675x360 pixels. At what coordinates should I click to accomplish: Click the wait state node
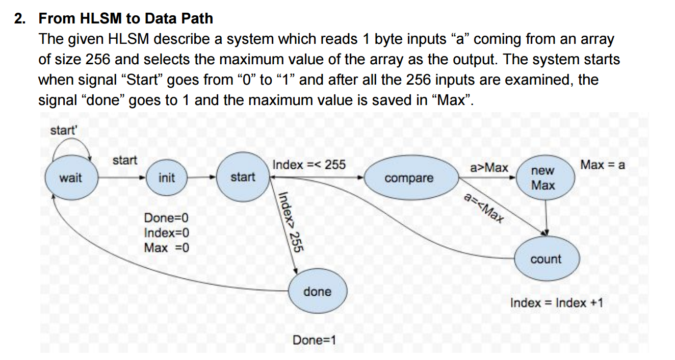point(70,178)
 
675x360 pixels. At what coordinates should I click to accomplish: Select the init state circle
point(166,178)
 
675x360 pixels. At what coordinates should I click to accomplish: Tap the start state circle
point(243,177)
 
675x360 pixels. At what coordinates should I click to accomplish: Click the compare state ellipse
point(409,178)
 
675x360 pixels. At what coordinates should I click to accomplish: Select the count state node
point(546,259)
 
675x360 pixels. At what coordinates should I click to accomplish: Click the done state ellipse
point(317,292)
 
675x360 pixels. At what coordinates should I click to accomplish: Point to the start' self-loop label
point(63,130)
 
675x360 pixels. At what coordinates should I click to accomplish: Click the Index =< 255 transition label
point(309,165)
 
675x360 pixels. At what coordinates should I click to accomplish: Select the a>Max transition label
point(489,167)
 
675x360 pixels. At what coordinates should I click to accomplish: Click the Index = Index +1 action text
point(557,303)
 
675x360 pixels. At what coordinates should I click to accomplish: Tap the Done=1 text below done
point(314,340)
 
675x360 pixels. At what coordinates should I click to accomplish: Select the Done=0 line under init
point(166,218)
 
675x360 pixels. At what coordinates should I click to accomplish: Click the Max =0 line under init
point(166,248)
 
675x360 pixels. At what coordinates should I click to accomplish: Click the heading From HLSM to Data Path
point(126,19)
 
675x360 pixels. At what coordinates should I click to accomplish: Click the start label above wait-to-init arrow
point(124,160)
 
